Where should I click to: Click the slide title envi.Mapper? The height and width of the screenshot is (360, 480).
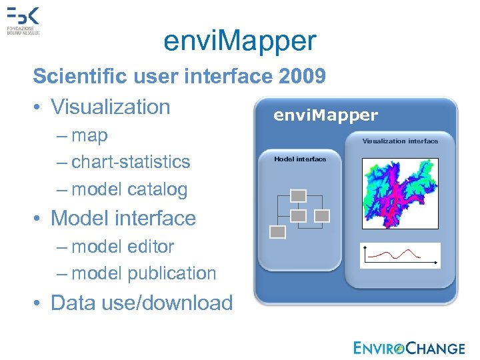[x=240, y=41]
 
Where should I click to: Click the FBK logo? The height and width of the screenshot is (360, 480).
[x=23, y=20]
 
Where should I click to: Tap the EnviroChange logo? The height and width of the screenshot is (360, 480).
[x=409, y=347]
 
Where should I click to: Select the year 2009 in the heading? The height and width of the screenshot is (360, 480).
[x=303, y=77]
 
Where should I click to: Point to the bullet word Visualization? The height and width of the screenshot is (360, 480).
[x=111, y=107]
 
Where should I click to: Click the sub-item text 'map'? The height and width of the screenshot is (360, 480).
[x=89, y=135]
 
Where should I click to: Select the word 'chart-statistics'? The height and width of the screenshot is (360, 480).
[x=131, y=162]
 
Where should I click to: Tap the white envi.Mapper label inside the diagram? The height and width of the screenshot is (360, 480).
[x=325, y=115]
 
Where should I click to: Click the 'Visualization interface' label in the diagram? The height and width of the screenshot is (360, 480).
[x=400, y=141]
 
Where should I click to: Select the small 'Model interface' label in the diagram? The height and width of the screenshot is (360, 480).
[x=300, y=159]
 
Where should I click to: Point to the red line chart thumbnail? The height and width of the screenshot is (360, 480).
[x=400, y=255]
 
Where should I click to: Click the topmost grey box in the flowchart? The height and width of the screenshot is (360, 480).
[x=299, y=195]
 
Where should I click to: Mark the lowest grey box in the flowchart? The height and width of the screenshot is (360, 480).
[x=278, y=232]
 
